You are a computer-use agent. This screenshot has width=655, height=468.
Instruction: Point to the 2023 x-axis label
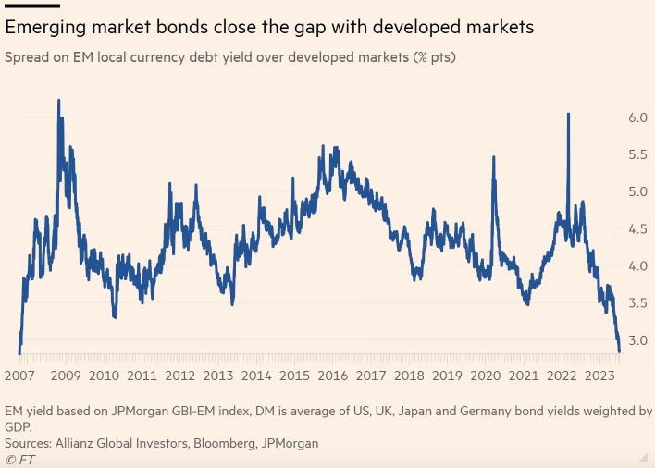(600, 376)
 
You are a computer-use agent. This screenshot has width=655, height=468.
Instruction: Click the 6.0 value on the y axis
(637, 117)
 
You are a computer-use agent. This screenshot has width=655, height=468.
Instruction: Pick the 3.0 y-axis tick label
(637, 340)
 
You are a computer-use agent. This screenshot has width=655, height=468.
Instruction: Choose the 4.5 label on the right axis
(637, 229)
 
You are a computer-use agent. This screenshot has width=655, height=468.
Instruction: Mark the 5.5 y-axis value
(637, 155)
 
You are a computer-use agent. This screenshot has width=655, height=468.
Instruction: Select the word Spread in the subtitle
(29, 57)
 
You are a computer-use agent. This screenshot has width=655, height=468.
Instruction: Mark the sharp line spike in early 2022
(567, 115)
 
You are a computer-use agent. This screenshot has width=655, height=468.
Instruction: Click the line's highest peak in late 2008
(59, 100)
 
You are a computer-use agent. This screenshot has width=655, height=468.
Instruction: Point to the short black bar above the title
(32, 6)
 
